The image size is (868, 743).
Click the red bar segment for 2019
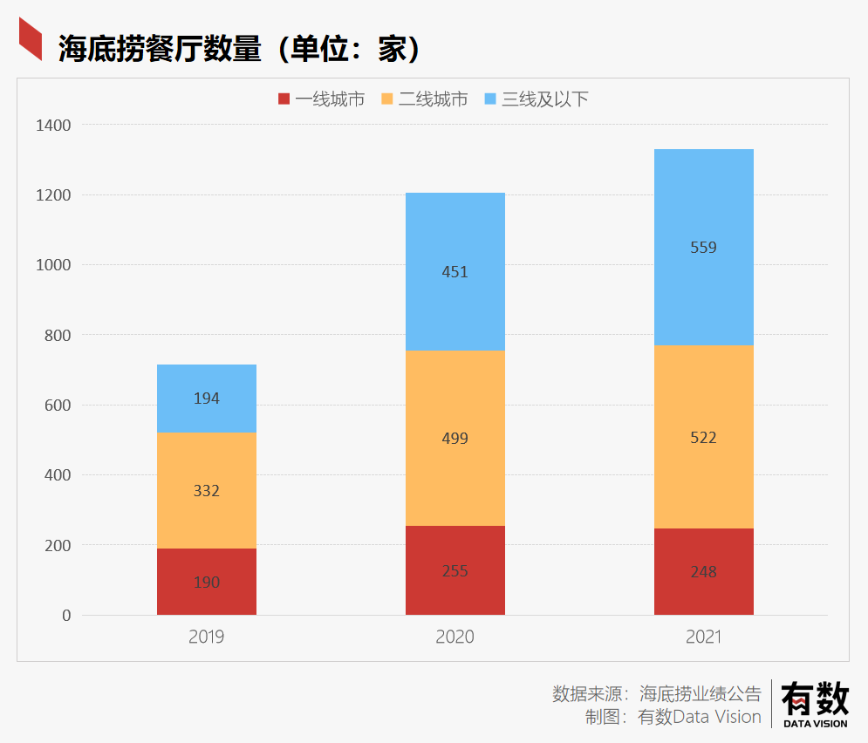(207, 582)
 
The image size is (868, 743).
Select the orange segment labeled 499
(455, 438)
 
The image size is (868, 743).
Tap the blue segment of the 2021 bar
(703, 248)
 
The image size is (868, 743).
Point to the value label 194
(207, 399)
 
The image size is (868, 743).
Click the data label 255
(455, 571)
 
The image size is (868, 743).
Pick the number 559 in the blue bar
(703, 248)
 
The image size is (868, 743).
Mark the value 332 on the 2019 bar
(207, 491)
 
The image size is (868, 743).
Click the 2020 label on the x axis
(455, 637)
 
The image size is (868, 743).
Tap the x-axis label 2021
(703, 637)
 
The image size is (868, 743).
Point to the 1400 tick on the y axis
(53, 126)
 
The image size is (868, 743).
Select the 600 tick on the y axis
(58, 406)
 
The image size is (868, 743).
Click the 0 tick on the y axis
(66, 616)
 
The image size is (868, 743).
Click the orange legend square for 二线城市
(387, 99)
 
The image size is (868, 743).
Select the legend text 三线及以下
(545, 99)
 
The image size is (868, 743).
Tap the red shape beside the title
(31, 40)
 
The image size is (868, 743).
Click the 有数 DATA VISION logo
(815, 703)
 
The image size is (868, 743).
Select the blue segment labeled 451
(455, 272)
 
